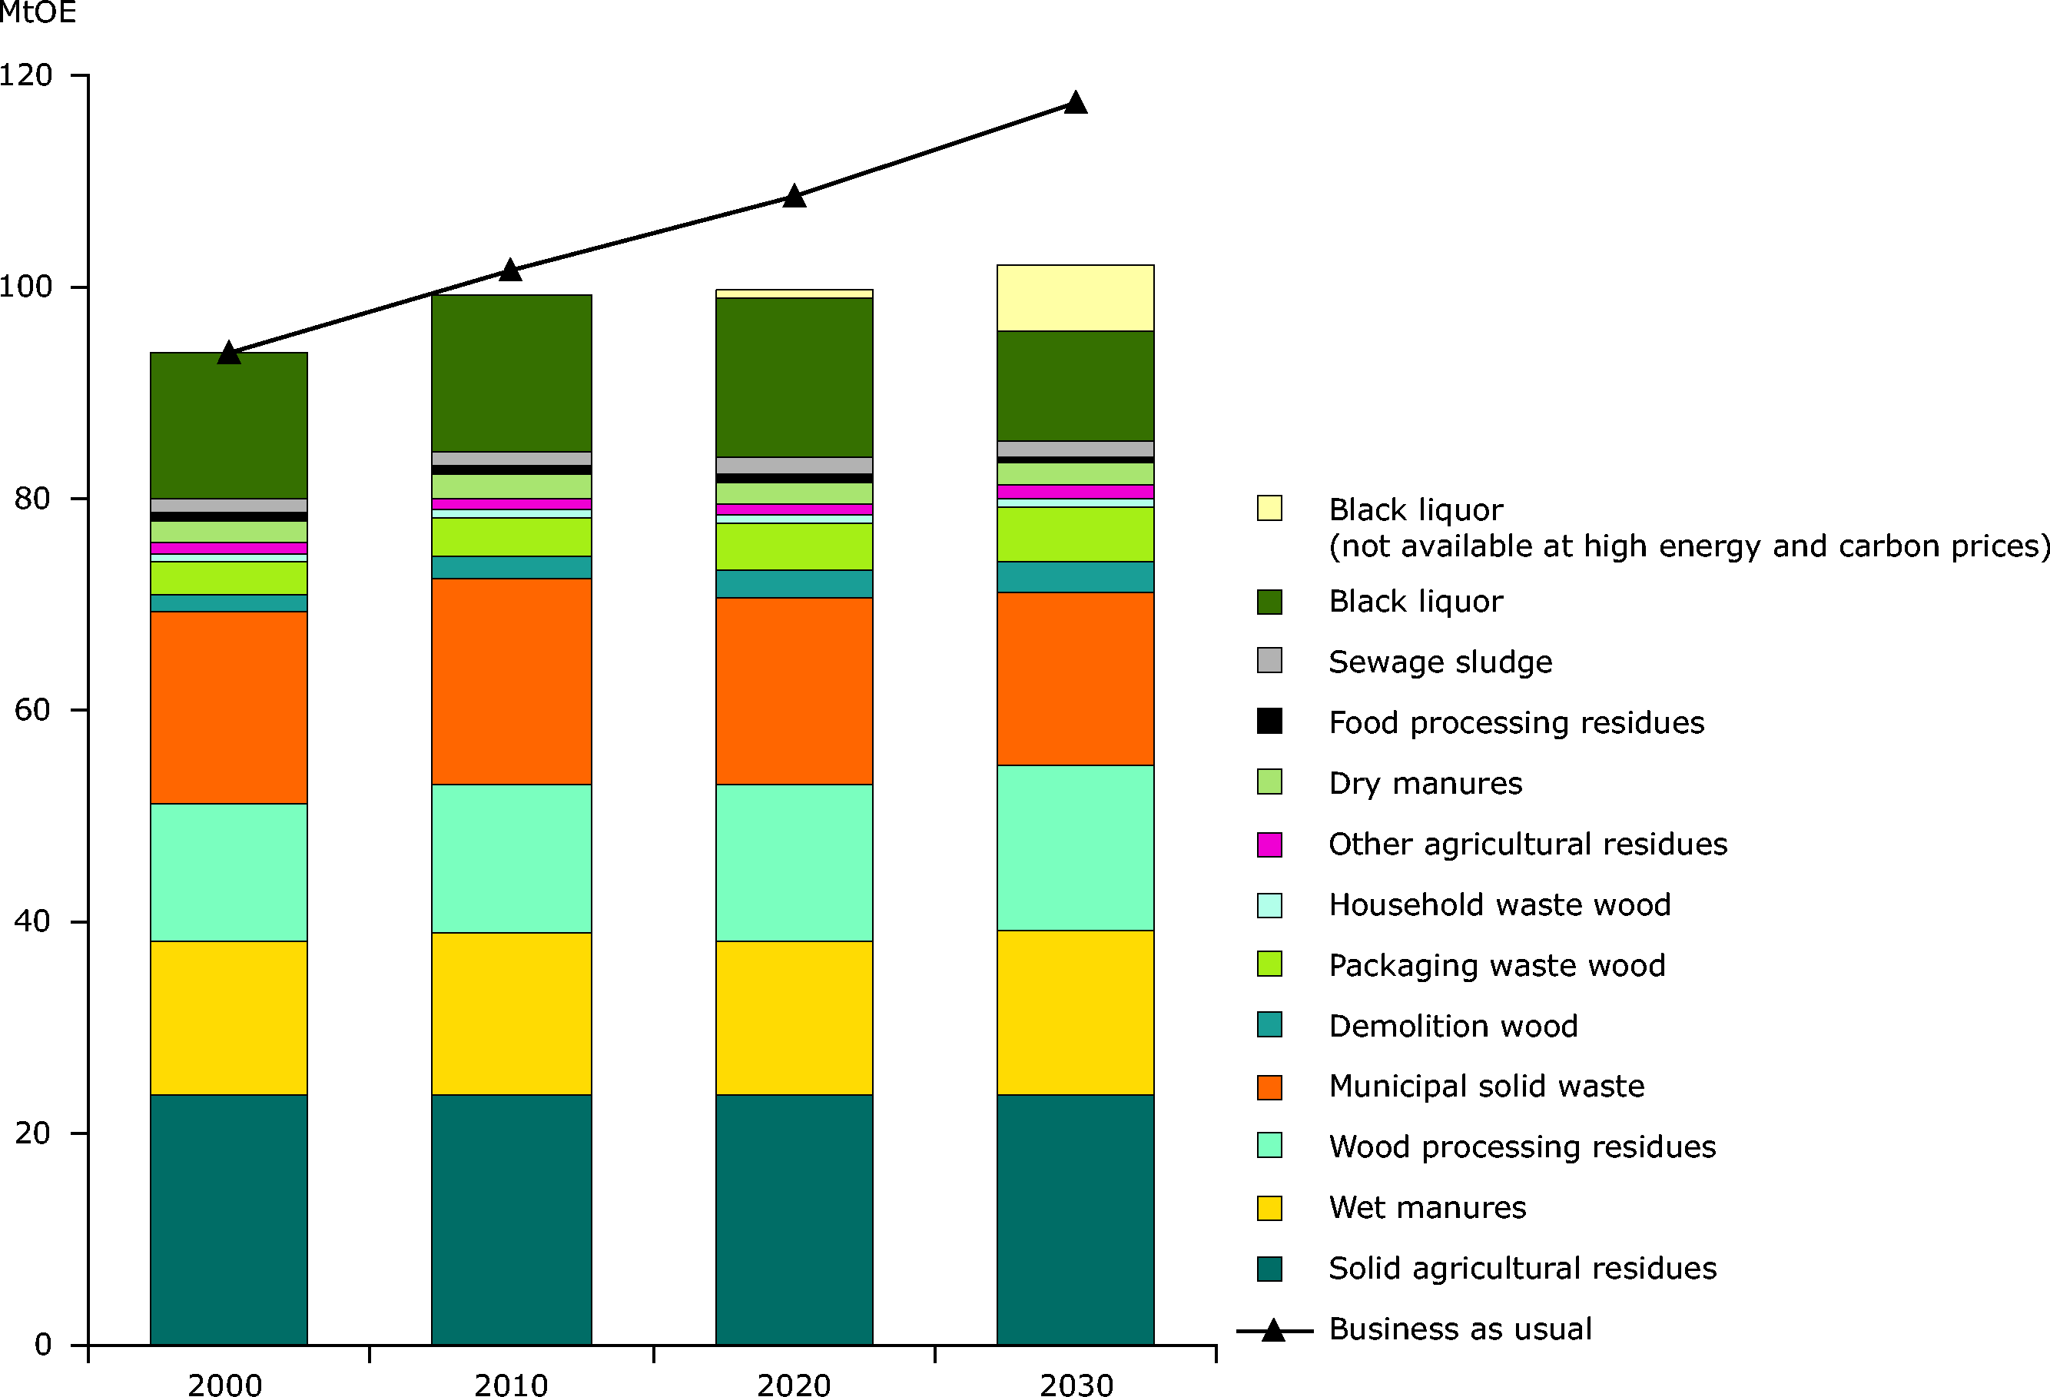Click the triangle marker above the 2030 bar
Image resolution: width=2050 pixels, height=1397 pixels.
(x=1075, y=103)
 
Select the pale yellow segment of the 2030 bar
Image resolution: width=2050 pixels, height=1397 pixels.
(x=1075, y=298)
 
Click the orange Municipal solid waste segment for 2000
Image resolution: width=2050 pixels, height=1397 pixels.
(x=228, y=707)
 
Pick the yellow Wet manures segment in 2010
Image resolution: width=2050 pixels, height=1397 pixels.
(x=511, y=1014)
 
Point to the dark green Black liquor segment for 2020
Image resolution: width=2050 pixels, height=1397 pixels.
(x=794, y=377)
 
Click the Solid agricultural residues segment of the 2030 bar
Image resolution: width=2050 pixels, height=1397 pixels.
(x=1075, y=1219)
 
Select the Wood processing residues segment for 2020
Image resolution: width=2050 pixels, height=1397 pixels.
(x=794, y=862)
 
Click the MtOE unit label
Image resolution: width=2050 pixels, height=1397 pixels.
(x=37, y=13)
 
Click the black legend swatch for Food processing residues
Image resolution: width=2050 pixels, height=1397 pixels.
(x=1269, y=722)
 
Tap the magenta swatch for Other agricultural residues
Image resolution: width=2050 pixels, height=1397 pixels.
(x=1269, y=844)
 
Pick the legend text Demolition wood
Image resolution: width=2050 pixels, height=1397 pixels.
(x=1453, y=1026)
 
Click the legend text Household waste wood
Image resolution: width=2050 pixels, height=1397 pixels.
(x=1500, y=905)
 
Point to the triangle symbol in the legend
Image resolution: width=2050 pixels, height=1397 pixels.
(x=1273, y=1330)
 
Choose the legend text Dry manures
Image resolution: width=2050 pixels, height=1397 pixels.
(x=1425, y=783)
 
